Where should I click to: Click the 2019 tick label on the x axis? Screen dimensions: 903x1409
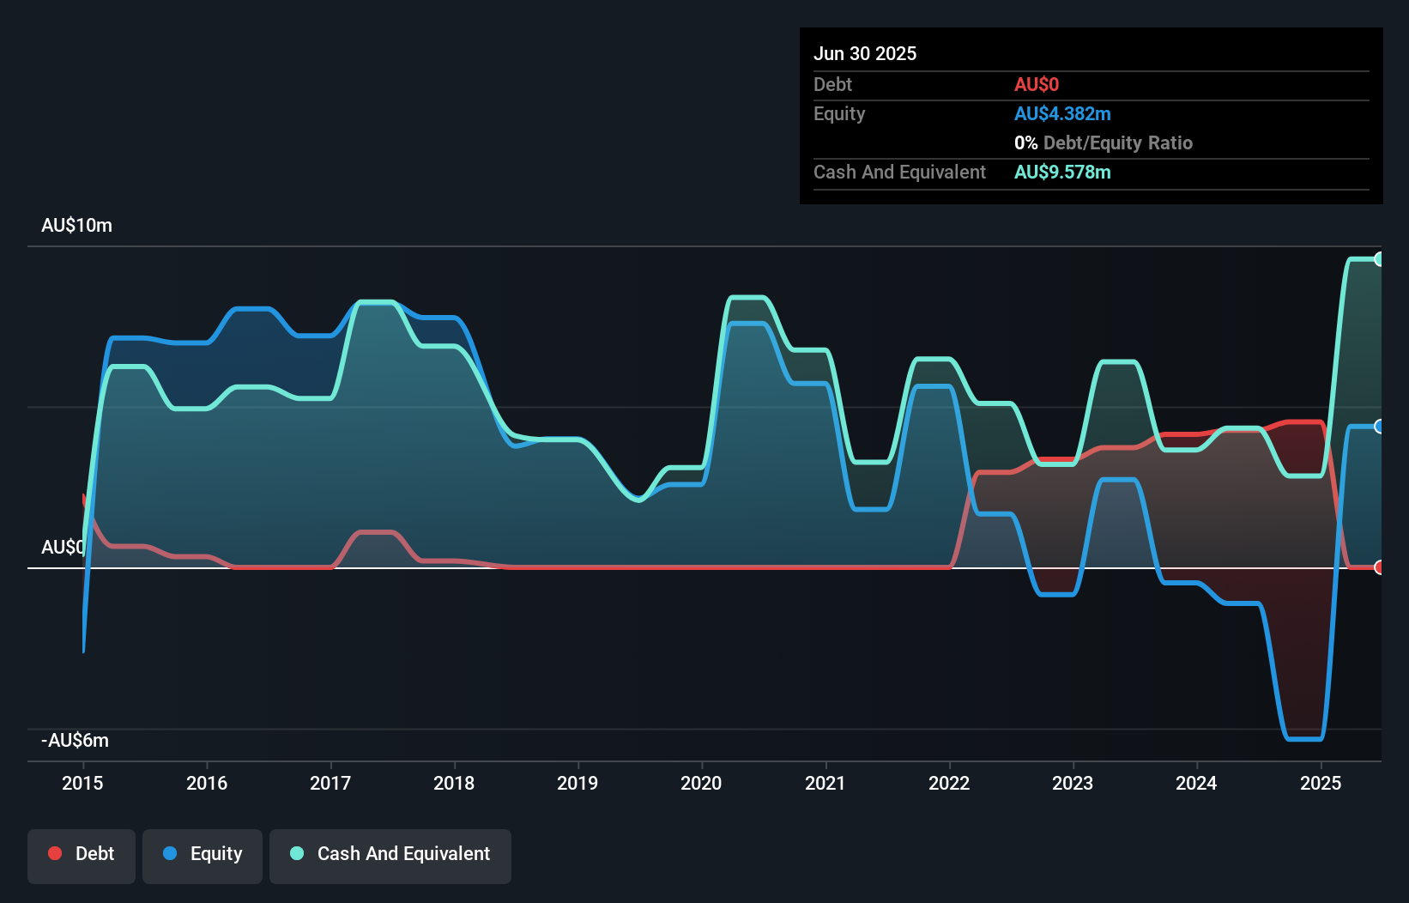[578, 783]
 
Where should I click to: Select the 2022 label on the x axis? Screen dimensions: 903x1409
[949, 783]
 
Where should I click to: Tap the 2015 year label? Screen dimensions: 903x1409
[82, 783]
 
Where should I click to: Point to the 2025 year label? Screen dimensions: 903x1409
[1320, 783]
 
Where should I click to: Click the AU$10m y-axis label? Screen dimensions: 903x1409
[76, 225]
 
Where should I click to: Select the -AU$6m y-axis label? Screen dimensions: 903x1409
[75, 740]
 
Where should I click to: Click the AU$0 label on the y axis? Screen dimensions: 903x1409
[63, 547]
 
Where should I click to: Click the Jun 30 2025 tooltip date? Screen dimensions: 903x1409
[865, 53]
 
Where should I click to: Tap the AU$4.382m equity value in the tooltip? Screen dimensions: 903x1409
[1062, 113]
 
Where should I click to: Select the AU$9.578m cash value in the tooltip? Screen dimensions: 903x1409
[1062, 172]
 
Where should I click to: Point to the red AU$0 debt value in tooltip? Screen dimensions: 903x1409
[1037, 84]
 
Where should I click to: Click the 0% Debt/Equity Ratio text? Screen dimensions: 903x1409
[1104, 142]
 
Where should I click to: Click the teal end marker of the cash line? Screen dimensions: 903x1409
[1379, 259]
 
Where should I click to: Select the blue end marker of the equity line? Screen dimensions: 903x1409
[1379, 427]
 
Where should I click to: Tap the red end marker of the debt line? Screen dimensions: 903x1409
[1379, 567]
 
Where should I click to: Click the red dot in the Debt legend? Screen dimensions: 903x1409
[55, 853]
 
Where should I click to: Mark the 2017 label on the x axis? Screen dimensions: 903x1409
[330, 783]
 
